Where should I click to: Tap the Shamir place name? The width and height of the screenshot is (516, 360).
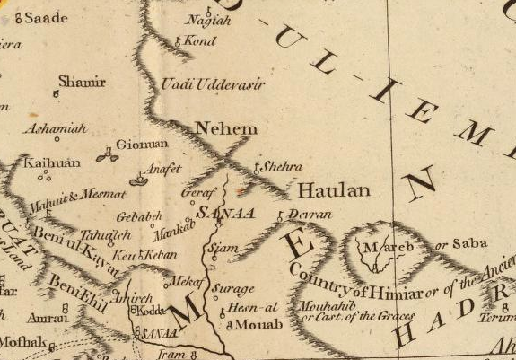tap(82, 83)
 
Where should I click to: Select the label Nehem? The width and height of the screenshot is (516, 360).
tap(225, 128)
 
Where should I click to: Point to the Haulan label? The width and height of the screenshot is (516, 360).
tap(320, 190)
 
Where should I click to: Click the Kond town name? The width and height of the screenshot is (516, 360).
tap(201, 40)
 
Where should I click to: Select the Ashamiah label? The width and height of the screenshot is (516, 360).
tap(55, 129)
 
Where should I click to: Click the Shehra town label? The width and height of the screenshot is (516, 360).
tap(282, 167)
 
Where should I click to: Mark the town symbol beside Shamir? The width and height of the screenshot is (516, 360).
tap(57, 92)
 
